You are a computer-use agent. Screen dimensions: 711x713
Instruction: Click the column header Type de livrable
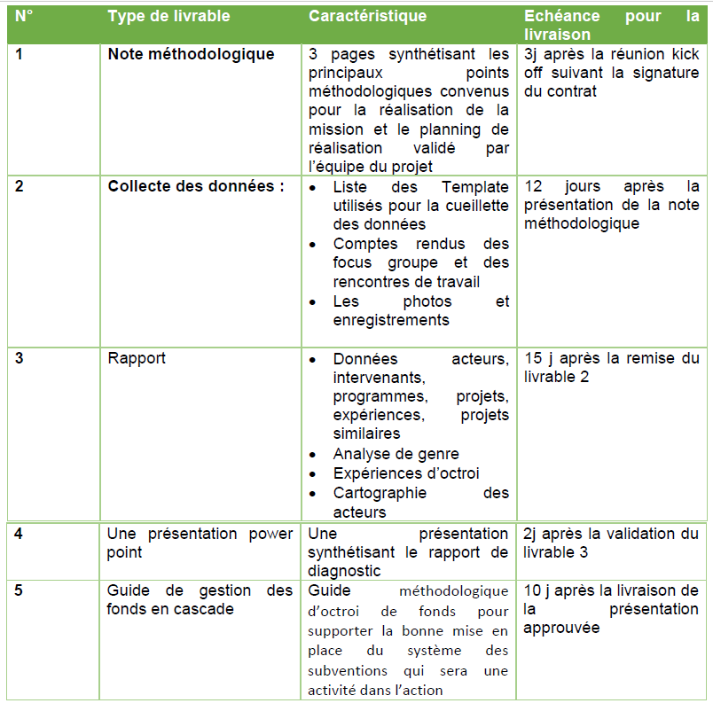[x=168, y=16]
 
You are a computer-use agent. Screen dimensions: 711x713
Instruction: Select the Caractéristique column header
[x=367, y=16]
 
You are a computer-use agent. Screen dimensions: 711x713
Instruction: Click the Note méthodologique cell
[x=191, y=54]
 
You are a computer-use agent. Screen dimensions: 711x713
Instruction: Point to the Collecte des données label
[x=196, y=186]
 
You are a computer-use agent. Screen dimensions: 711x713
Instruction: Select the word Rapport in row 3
[x=137, y=358]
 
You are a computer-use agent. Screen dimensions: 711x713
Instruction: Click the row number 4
[x=20, y=534]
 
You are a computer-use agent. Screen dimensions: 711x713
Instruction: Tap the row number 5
[x=20, y=590]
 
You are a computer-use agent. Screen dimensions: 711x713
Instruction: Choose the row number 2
[x=20, y=186]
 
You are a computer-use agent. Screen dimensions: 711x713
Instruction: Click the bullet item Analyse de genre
[x=396, y=454]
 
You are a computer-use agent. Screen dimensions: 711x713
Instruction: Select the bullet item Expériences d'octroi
[x=406, y=473]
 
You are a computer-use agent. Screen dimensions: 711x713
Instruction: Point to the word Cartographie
[x=380, y=493]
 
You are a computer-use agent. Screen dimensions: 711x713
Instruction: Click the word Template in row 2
[x=475, y=186]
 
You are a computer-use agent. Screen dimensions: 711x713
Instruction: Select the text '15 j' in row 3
[x=540, y=358]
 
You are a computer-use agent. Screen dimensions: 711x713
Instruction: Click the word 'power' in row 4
[x=270, y=534]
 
